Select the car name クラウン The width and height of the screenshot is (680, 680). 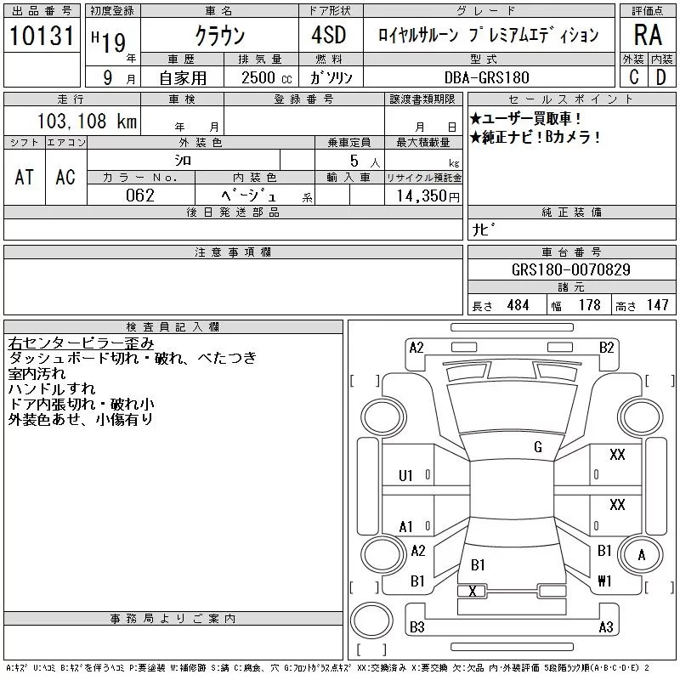tap(219, 37)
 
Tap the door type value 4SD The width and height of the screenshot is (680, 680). tap(322, 37)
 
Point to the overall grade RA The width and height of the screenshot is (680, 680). tap(648, 35)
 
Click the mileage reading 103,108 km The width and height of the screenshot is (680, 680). tap(88, 122)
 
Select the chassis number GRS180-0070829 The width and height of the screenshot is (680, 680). tap(570, 270)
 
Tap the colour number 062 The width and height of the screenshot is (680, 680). tap(141, 195)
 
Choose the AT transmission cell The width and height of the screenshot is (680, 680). tap(25, 177)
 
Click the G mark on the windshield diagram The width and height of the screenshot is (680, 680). tap(537, 447)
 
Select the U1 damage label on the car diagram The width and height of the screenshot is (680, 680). tap(405, 475)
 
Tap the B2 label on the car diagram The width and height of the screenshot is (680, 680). tap(606, 347)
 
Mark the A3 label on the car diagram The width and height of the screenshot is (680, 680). tap(605, 627)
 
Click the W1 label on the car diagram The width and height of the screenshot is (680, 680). tap(605, 581)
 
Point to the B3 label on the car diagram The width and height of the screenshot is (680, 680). tap(416, 627)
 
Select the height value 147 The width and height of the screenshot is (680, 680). tap(656, 305)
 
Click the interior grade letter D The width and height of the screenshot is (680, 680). tap(660, 77)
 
